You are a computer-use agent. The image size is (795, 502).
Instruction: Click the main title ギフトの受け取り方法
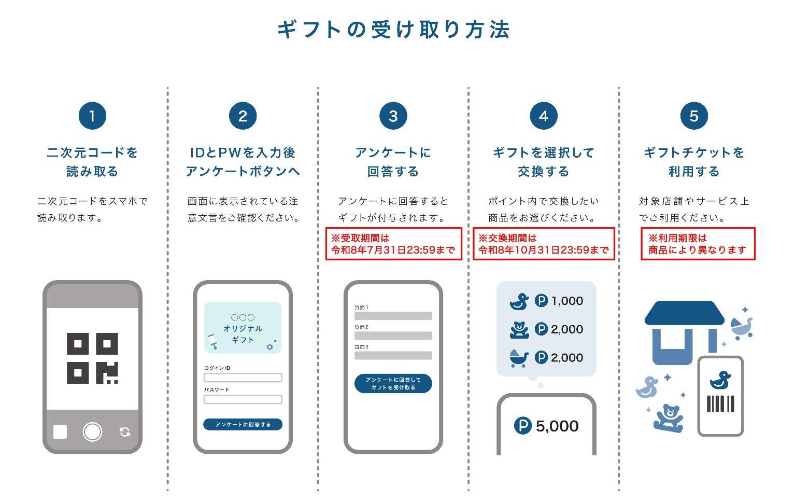click(394, 30)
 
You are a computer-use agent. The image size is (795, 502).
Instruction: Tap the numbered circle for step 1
click(92, 116)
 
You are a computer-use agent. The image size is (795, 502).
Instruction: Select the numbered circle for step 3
click(393, 116)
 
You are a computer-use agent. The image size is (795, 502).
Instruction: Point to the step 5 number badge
click(694, 116)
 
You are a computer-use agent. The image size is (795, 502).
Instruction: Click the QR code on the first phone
click(92, 358)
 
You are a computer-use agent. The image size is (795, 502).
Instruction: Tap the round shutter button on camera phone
click(92, 431)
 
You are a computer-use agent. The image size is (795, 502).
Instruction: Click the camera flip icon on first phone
click(125, 432)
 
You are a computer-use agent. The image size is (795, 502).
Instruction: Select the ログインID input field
click(243, 378)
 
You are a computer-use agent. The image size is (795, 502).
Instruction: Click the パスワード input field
click(243, 399)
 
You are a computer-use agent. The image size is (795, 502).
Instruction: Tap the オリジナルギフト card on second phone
click(243, 328)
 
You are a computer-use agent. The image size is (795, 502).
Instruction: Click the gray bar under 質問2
click(393, 336)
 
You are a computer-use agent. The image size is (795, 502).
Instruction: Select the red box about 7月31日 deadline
click(393, 244)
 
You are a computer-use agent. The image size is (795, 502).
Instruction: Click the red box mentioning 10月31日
click(543, 244)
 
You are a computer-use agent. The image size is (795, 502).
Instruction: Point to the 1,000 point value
click(567, 301)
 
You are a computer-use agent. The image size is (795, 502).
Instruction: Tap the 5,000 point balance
click(557, 426)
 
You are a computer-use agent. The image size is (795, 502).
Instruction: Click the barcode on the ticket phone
click(721, 403)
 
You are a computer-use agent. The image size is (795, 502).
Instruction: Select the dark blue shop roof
click(684, 314)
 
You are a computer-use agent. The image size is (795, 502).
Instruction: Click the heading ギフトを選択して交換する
click(543, 162)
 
